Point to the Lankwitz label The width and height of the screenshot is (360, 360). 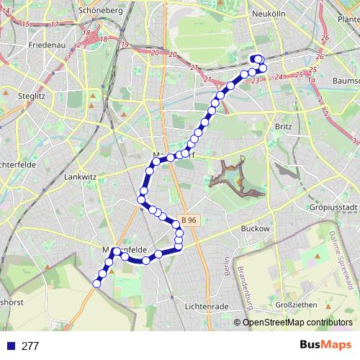[x=79, y=176]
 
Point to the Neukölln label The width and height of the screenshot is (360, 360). [x=270, y=14]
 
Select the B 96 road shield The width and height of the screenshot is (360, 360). [x=189, y=220]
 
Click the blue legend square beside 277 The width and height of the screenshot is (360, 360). [x=9, y=346]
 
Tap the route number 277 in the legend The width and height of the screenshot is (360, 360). [x=30, y=346]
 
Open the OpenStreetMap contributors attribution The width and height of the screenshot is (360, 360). [x=297, y=322]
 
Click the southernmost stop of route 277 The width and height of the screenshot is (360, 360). [x=96, y=284]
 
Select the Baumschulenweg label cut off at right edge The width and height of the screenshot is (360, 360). [x=346, y=81]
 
